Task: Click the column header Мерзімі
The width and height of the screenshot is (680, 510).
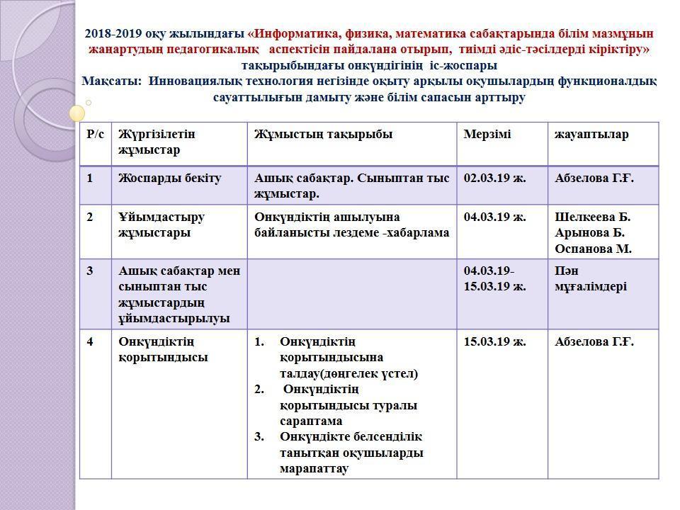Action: pyautogui.click(x=487, y=135)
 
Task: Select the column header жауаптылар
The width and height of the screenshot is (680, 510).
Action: pyautogui.click(x=591, y=135)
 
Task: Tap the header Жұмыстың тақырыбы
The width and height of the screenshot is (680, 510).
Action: pyautogui.click(x=323, y=135)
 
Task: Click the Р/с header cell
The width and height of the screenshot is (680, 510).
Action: pyautogui.click(x=95, y=135)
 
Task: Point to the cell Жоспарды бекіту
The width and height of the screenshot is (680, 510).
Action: pyautogui.click(x=170, y=178)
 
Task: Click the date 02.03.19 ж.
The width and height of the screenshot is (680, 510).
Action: pyautogui.click(x=494, y=178)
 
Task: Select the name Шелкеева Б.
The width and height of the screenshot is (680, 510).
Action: pyautogui.click(x=592, y=217)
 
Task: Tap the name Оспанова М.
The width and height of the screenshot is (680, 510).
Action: pyautogui.click(x=593, y=249)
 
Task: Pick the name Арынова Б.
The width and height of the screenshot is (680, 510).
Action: pyautogui.click(x=589, y=232)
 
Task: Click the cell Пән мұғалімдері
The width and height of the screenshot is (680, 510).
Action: pyautogui.click(x=591, y=278)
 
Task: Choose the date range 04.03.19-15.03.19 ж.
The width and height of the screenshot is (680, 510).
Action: pyautogui.click(x=494, y=278)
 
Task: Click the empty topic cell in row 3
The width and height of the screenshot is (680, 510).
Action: pyautogui.click(x=351, y=293)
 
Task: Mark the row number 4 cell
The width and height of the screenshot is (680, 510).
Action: pyautogui.click(x=91, y=342)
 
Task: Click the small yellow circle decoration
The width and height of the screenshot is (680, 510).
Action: pyautogui.click(x=77, y=113)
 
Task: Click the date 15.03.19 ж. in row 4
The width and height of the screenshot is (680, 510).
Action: pyautogui.click(x=494, y=342)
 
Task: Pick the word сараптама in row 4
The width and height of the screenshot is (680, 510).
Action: pyautogui.click(x=311, y=421)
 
